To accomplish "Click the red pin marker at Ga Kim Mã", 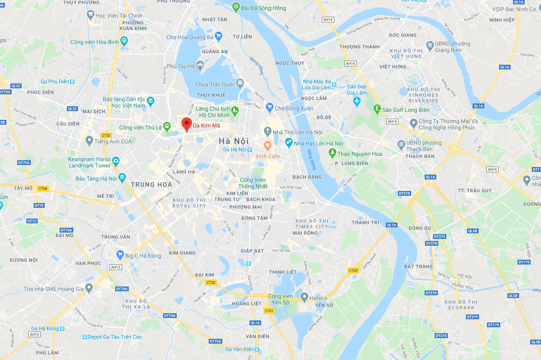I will pos(186,124).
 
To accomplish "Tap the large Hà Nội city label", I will pos(234,141).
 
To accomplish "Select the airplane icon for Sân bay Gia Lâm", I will pos(357,101).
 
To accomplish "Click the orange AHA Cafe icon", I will pos(268,145).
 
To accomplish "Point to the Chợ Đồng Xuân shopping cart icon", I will pos(270,108).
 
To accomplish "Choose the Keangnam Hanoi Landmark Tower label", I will pos(90,162).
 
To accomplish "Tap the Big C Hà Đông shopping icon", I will pos(120,255).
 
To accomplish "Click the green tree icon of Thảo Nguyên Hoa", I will pos(332,153).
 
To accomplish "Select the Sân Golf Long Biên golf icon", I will pos(377,109).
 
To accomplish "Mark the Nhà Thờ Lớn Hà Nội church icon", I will pos(268,131).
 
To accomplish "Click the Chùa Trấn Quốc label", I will pos(215,84).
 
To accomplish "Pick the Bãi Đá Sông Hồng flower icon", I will pos(236,7).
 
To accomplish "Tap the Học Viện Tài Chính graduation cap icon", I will pos(90,15).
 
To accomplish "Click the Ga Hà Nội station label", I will pos(235,149).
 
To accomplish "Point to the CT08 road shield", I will pos(43,189).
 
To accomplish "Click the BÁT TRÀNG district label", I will pos(418,267).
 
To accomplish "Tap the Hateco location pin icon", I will pos(304,297).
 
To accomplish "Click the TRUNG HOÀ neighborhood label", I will pos(151,185).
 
